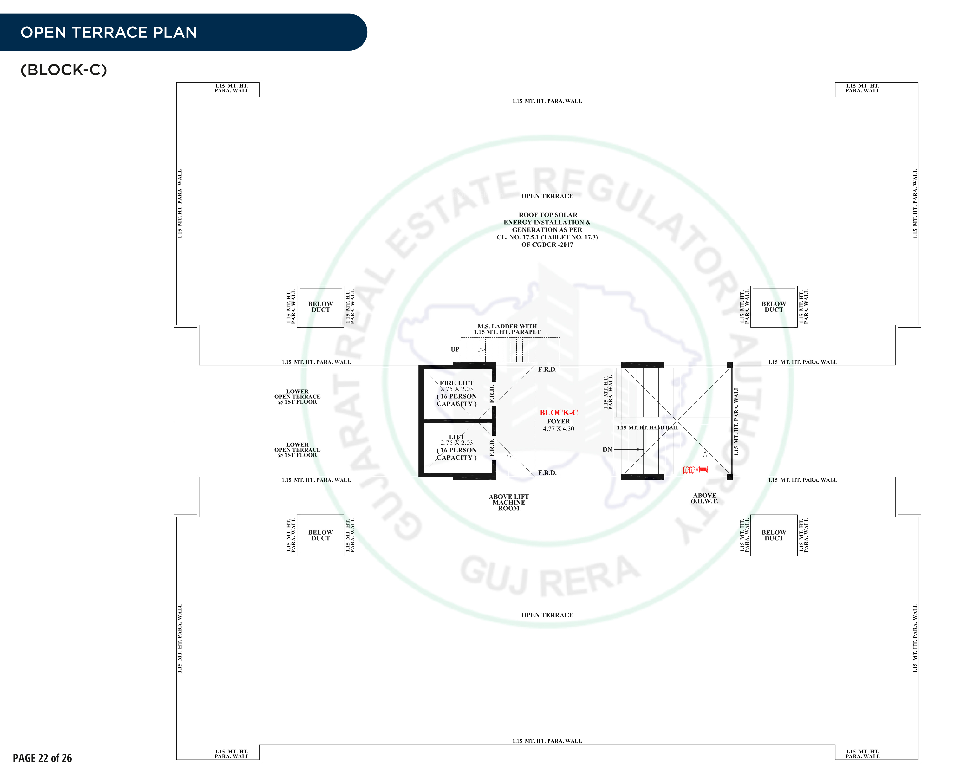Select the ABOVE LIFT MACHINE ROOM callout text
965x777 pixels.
pos(508,502)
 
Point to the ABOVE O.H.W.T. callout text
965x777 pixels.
pos(704,498)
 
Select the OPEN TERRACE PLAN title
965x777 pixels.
pos(109,32)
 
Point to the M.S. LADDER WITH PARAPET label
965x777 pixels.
pos(507,329)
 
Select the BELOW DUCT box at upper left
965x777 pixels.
pos(320,307)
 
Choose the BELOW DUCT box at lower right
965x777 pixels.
pos(773,535)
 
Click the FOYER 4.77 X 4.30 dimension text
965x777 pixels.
pos(558,425)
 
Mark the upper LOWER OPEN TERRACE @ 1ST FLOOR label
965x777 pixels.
pos(297,397)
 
